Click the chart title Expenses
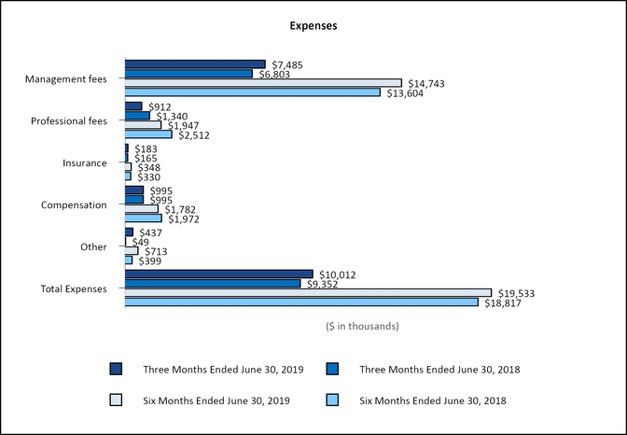click(313, 26)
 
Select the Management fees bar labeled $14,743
click(263, 83)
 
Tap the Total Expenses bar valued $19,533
click(308, 292)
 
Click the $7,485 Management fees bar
click(195, 64)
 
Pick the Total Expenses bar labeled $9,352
click(213, 283)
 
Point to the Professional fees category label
click(69, 121)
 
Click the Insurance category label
click(85, 163)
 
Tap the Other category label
click(94, 246)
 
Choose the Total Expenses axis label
click(74, 288)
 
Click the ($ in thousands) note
click(363, 327)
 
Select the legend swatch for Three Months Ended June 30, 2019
click(116, 369)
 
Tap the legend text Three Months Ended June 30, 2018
click(439, 370)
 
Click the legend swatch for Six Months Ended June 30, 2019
click(116, 400)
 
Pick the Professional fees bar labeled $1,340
click(137, 116)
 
